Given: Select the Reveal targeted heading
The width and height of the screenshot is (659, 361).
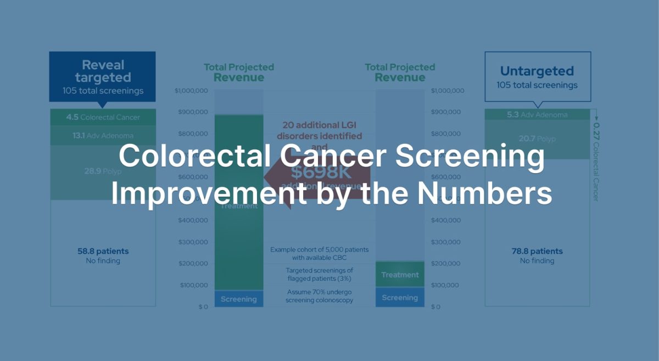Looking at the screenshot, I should point(103,71).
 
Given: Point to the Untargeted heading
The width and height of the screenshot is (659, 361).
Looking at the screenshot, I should point(537,71).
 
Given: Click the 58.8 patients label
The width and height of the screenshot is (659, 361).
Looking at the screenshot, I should point(103,251).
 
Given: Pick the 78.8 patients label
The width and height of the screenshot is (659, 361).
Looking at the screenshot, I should point(537,251).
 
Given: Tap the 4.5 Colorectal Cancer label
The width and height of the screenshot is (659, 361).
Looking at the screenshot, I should point(103,117).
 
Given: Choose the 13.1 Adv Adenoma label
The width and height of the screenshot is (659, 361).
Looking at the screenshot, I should point(103,135).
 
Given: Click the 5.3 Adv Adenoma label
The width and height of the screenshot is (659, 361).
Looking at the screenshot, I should point(537,115).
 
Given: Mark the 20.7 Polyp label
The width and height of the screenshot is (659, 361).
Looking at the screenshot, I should point(537,139).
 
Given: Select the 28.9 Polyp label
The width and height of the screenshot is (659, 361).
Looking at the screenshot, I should point(103,171).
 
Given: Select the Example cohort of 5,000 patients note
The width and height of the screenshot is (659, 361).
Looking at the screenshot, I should point(319,253).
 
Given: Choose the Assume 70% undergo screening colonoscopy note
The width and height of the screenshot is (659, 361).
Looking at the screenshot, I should point(319,296).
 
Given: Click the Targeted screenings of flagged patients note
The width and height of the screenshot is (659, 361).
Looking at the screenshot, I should point(319,274).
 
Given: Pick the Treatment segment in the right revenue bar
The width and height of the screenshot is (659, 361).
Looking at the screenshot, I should point(400,275).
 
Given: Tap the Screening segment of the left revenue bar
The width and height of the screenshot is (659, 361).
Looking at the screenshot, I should point(238,299).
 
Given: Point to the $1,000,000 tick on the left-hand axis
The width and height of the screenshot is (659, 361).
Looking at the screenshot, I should point(191,91).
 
